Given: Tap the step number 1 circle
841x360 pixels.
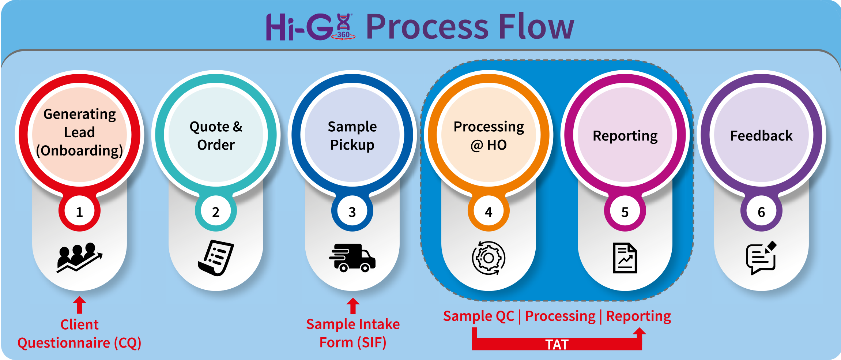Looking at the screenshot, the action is pyautogui.click(x=79, y=211).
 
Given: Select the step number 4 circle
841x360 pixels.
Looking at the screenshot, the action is pyautogui.click(x=489, y=211).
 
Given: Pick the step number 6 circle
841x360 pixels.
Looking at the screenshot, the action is pyautogui.click(x=761, y=211).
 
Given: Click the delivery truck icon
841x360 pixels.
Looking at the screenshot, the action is pyautogui.click(x=352, y=258).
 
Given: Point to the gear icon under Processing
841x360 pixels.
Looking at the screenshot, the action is pyautogui.click(x=489, y=258).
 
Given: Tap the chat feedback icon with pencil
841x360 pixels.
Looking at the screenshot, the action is pyautogui.click(x=761, y=258).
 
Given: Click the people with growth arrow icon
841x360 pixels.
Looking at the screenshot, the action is pyautogui.click(x=79, y=258).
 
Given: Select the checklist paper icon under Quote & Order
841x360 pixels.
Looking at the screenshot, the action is pyautogui.click(x=216, y=258).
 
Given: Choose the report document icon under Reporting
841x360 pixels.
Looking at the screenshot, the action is pyautogui.click(x=625, y=258).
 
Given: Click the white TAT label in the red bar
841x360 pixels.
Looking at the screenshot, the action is pyautogui.click(x=557, y=344).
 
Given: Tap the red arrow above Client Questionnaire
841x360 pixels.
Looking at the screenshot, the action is pyautogui.click(x=79, y=305).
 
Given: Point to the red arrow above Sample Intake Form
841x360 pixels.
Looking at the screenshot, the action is pyautogui.click(x=353, y=305).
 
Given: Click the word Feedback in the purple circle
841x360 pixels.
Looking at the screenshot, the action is pyautogui.click(x=761, y=136).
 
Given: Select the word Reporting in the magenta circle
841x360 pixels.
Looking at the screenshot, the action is pyautogui.click(x=625, y=136).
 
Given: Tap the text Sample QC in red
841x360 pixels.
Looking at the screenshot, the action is pyautogui.click(x=479, y=316).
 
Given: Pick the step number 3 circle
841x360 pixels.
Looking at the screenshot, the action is pyautogui.click(x=352, y=211).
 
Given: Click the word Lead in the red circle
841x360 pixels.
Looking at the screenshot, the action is pyautogui.click(x=79, y=132).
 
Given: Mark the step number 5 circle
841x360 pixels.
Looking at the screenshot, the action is pyautogui.click(x=625, y=211).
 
